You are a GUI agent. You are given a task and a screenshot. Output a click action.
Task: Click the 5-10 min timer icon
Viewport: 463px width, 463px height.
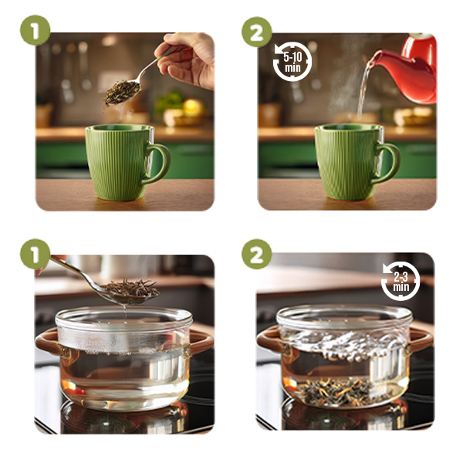[292, 62]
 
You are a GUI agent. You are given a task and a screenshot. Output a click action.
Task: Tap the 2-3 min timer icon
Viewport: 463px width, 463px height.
[400, 281]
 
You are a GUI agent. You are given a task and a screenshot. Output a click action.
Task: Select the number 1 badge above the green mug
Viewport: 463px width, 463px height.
[35, 30]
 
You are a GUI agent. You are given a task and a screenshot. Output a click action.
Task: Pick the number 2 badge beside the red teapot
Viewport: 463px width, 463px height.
[257, 32]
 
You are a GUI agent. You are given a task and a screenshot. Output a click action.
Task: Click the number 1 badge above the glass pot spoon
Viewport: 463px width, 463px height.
[35, 254]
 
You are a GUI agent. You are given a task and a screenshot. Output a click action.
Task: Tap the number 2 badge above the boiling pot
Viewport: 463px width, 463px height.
[257, 254]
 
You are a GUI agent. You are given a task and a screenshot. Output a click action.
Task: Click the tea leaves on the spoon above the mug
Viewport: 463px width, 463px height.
[122, 92]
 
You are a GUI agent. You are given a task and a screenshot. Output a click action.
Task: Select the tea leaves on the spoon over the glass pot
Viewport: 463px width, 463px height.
[130, 289]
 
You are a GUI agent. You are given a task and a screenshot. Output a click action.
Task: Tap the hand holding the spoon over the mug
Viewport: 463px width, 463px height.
[186, 59]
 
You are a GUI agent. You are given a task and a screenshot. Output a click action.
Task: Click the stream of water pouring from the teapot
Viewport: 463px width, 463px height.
[363, 89]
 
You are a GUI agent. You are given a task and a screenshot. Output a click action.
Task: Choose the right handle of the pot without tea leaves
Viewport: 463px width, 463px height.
[201, 342]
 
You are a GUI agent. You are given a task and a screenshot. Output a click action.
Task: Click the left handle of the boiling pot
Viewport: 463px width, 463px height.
[269, 340]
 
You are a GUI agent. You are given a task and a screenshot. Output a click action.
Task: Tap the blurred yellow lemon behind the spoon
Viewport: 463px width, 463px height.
[194, 108]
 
